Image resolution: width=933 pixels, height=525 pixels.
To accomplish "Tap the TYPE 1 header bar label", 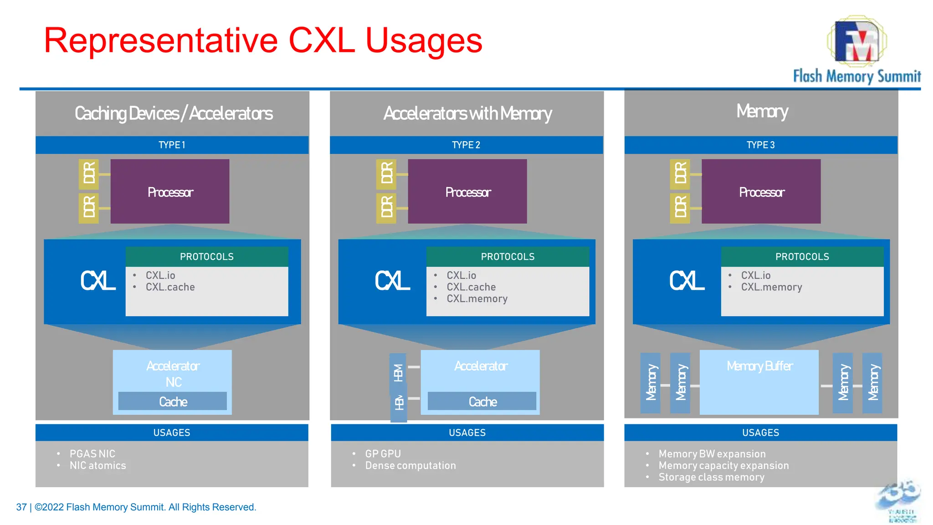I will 172,145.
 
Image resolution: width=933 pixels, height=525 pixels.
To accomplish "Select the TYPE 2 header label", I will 466,145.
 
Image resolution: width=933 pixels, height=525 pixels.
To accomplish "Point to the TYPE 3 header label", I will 760,145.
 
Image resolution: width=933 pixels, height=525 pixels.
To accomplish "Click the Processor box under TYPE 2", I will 467,192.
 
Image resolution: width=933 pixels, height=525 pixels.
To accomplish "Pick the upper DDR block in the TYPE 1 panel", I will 88,174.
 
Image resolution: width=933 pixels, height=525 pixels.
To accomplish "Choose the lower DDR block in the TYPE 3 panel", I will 680,208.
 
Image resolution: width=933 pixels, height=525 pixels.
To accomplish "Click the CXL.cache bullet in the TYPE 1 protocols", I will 170,287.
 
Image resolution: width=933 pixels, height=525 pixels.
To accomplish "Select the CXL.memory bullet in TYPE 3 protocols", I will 771,287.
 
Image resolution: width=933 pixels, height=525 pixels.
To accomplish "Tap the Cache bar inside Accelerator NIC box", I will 173,401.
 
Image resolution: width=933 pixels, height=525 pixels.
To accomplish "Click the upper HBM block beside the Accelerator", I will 398,373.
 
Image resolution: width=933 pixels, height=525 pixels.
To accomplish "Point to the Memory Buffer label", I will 759,366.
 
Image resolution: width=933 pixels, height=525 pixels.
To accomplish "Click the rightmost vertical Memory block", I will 872,383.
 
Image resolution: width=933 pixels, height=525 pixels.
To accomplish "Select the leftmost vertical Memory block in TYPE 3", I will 650,383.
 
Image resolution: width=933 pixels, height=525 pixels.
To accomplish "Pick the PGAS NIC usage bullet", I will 92,454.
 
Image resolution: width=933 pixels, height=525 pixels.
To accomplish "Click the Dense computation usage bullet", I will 410,466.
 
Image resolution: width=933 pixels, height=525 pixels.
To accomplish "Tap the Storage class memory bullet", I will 711,477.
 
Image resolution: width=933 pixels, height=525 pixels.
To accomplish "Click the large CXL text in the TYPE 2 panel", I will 392,281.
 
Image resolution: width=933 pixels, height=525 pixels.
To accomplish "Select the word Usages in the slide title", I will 424,41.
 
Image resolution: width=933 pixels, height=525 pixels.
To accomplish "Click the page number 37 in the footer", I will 21,507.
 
